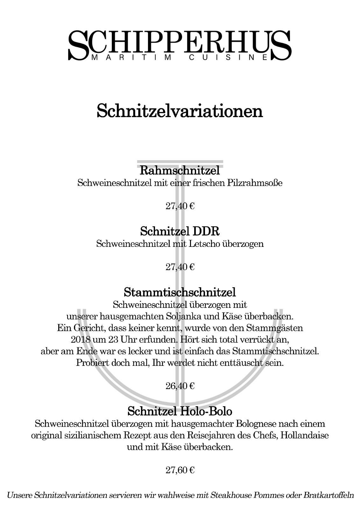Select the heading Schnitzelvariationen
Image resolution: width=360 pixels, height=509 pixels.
(180, 111)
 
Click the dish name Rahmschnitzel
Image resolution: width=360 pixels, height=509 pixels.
(180, 171)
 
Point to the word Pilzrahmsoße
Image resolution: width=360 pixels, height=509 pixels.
(255, 183)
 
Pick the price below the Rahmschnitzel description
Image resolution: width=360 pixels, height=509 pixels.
(180, 206)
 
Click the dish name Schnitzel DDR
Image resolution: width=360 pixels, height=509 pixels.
(180, 231)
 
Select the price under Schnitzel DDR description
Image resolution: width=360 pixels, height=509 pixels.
(180, 267)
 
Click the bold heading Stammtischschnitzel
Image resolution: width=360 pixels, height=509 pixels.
(180, 291)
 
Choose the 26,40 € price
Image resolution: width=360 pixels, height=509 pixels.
(180, 386)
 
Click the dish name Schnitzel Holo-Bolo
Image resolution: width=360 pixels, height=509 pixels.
(180, 411)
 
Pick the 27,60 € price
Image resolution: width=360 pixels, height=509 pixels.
(180, 470)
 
